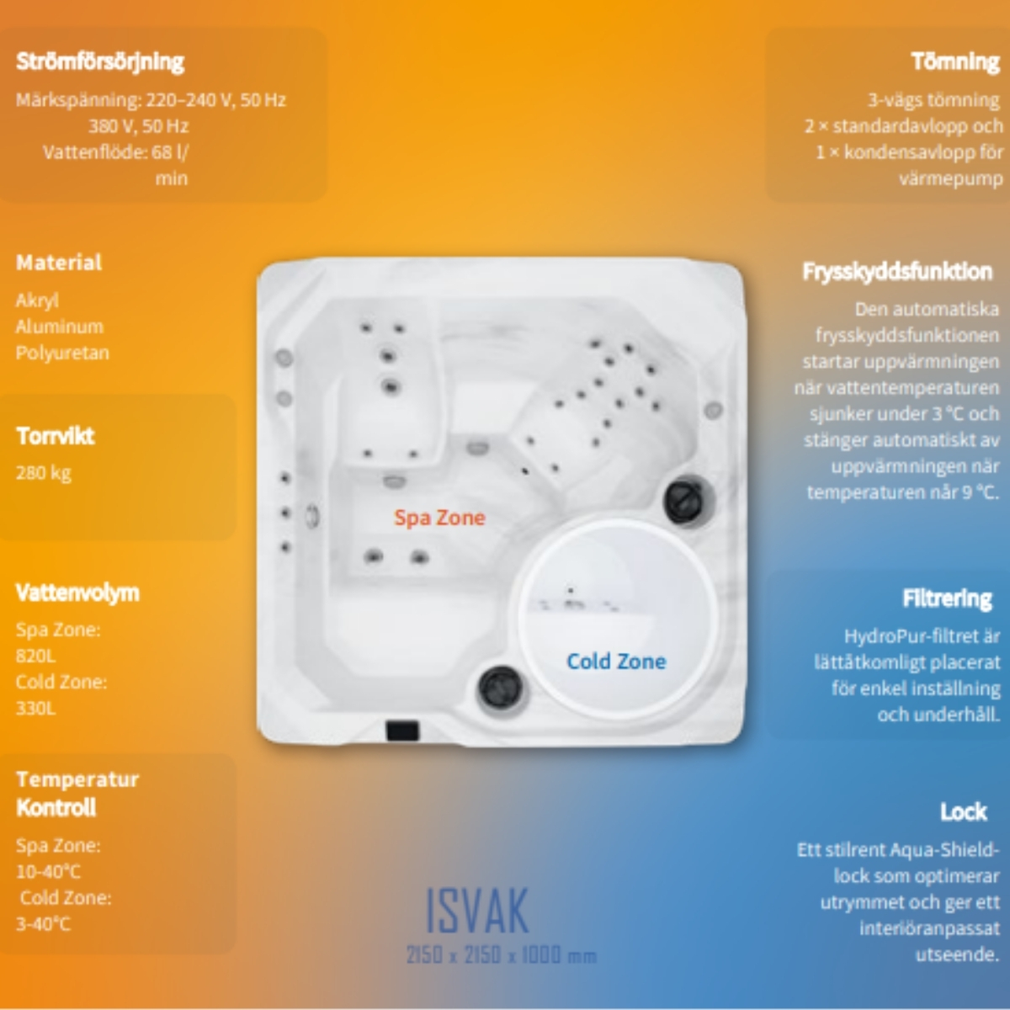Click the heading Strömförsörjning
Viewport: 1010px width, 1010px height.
click(x=100, y=61)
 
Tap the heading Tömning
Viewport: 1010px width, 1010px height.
click(x=955, y=61)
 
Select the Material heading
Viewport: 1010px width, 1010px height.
click(x=59, y=262)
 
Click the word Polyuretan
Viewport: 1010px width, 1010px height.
click(x=62, y=353)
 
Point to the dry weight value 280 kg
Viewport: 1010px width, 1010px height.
click(x=44, y=473)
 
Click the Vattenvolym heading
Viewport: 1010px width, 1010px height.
click(x=77, y=593)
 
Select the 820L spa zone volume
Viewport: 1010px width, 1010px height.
click(x=35, y=656)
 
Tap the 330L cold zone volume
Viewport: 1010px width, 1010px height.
click(x=35, y=708)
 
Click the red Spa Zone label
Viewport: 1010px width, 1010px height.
click(x=439, y=518)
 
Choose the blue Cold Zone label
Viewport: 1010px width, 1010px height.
click(x=616, y=662)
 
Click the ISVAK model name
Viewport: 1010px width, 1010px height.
click(x=477, y=911)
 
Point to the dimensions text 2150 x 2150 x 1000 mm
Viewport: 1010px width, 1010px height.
click(x=502, y=955)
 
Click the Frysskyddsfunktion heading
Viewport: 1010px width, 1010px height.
click(x=897, y=272)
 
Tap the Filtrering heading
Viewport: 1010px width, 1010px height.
click(x=947, y=598)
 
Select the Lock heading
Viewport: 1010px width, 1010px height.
click(x=964, y=812)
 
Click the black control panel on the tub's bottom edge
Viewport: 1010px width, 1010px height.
click(x=402, y=731)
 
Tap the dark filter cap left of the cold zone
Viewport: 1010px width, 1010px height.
click(x=501, y=688)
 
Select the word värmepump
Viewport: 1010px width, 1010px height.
click(x=951, y=178)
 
